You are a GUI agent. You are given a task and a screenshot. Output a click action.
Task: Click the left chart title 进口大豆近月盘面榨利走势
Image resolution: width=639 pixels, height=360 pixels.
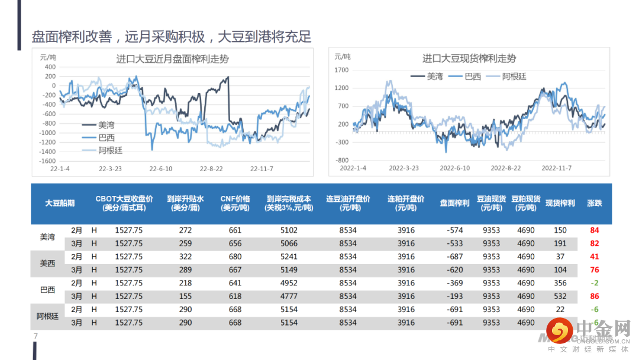click(x=172, y=59)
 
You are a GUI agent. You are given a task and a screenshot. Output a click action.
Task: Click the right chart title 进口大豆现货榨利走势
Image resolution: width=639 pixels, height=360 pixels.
click(x=469, y=58)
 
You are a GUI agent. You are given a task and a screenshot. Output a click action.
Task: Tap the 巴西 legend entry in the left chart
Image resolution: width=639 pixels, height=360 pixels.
click(x=106, y=137)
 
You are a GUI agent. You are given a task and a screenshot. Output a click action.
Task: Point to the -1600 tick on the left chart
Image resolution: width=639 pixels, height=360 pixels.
click(x=47, y=161)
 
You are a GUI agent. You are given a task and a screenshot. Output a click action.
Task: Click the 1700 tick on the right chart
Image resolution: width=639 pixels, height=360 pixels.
click(x=342, y=70)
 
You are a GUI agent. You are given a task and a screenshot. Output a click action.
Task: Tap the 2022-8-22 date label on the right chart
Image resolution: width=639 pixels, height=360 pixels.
click(x=506, y=168)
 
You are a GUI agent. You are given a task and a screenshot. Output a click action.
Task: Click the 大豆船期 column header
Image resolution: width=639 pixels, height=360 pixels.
click(x=60, y=203)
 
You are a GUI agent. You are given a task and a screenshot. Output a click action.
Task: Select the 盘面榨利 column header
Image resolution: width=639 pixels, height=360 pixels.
click(x=454, y=203)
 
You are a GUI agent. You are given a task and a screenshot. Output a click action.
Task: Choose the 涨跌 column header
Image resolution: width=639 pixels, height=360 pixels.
click(x=594, y=203)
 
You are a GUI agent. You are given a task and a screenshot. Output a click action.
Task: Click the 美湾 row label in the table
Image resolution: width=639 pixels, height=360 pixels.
click(x=47, y=237)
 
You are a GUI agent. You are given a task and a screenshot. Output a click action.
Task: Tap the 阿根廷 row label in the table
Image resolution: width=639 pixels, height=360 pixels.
click(x=47, y=316)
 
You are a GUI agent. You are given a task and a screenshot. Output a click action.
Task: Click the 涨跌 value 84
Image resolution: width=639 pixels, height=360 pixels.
click(x=595, y=230)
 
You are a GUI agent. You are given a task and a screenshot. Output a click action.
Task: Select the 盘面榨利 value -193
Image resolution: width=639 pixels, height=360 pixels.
click(x=454, y=296)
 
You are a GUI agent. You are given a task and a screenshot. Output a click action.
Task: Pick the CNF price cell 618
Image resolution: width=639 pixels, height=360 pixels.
click(x=235, y=296)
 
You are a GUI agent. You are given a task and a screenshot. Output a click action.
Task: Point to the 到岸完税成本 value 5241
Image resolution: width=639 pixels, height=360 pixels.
click(x=289, y=257)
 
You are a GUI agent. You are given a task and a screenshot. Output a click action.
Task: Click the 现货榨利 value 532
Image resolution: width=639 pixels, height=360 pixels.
click(x=560, y=296)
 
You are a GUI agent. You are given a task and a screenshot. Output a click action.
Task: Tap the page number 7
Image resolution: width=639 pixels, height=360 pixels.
click(x=35, y=336)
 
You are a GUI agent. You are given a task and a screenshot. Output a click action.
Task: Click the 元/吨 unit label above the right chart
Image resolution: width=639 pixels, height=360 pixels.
click(x=342, y=57)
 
